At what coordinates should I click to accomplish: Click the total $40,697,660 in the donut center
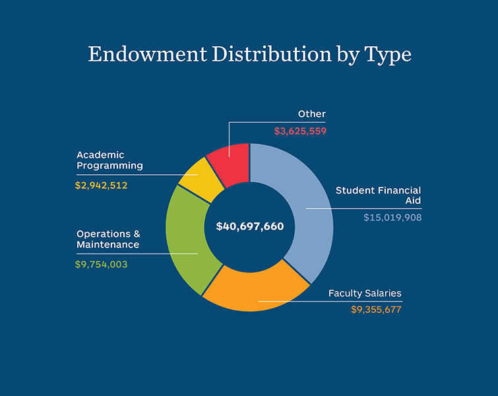(x=250, y=226)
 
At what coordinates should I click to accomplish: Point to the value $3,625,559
(x=300, y=131)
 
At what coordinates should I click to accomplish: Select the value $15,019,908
(x=392, y=217)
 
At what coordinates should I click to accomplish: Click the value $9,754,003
(x=102, y=264)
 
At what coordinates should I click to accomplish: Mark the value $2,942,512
(x=102, y=185)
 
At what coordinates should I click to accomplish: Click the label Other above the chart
(x=311, y=114)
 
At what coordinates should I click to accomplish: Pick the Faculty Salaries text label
(x=365, y=293)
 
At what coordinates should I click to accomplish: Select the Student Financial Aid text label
(x=378, y=195)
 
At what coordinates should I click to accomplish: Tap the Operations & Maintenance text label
(x=108, y=239)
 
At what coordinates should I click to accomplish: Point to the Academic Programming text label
(x=109, y=160)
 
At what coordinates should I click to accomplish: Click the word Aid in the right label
(x=412, y=201)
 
